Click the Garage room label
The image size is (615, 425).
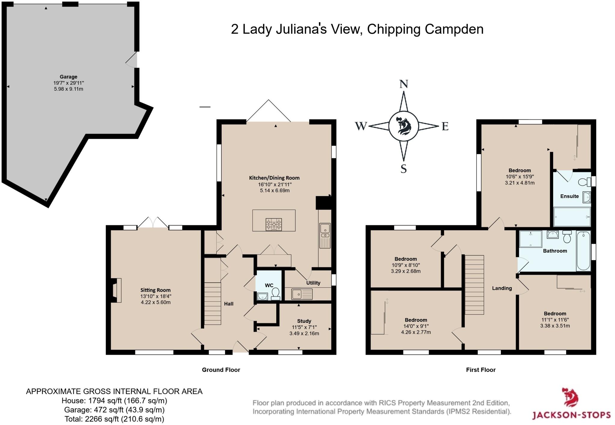(68, 77)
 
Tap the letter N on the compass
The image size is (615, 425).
(404, 84)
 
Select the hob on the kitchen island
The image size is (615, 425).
(274, 224)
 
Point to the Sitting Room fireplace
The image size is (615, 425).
(116, 290)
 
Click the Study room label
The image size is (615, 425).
(304, 321)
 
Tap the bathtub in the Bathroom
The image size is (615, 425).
(583, 250)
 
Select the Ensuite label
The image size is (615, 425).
(569, 196)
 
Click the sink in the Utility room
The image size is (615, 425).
(302, 294)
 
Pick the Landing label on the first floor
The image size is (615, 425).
(502, 288)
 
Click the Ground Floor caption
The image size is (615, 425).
(221, 370)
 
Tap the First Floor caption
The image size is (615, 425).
(481, 370)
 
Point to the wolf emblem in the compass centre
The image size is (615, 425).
(404, 126)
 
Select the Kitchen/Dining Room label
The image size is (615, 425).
(274, 178)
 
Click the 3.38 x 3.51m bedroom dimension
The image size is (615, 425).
(555, 326)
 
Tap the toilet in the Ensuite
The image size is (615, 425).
(584, 182)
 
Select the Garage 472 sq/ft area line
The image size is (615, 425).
(114, 410)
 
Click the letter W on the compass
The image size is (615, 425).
(361, 126)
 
